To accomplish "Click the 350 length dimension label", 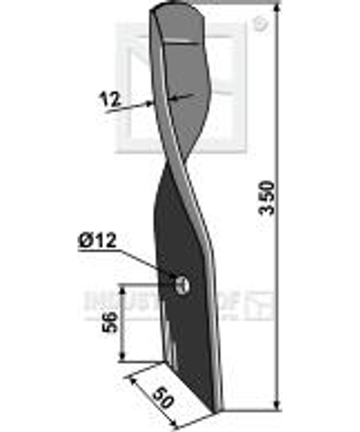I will pos(268,197).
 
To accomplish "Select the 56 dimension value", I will pos(111,323).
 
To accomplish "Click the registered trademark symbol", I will pos(259,24).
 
